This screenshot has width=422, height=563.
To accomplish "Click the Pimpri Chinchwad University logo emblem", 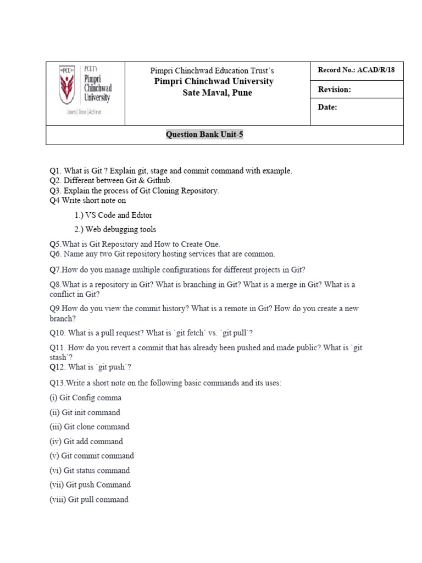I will point(69,85).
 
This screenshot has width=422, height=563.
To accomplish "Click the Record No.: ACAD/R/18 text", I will point(356,70).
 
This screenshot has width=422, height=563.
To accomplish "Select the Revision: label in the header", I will point(334,89).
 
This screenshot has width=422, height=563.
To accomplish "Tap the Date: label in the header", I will point(327,107).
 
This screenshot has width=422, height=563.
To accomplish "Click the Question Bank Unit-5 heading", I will point(204,135).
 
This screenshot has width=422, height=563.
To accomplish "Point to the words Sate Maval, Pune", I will point(218,92).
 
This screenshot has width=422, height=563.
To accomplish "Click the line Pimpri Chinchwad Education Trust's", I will point(212,71).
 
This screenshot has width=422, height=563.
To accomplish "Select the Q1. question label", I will point(56,171).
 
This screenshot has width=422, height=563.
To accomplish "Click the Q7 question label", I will point(55,269).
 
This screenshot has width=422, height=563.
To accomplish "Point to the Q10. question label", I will point(58,333).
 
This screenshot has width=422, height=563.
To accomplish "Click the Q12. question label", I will point(58,367).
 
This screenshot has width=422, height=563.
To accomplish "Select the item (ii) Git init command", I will point(85,412).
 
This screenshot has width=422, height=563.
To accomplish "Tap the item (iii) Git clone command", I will point(89,427).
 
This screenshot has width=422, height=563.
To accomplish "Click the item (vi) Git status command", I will point(90,470).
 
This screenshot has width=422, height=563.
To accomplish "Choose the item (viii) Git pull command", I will point(89,499).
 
